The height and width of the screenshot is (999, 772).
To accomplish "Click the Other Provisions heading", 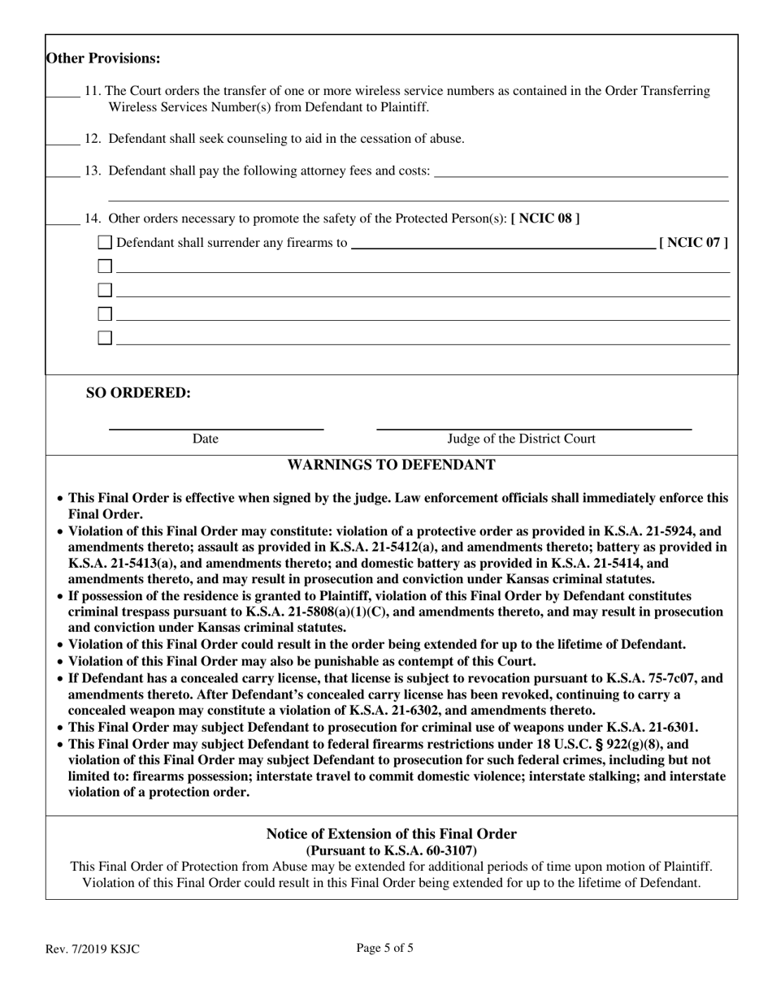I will click(103, 58).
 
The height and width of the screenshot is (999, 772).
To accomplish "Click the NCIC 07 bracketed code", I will click(692, 242).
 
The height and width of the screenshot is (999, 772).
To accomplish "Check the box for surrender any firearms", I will click(105, 242).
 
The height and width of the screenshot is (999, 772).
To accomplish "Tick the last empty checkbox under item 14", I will click(105, 338).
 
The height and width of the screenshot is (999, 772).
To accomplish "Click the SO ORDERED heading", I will click(138, 393).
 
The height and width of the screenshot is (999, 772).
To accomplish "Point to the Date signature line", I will click(216, 426).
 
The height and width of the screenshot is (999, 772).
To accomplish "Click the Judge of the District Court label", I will click(521, 439).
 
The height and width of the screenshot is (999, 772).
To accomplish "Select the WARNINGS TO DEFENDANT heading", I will click(391, 465).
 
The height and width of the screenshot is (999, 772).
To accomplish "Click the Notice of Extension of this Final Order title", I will click(391, 834).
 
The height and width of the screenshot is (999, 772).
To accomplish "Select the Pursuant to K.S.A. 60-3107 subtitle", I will click(391, 850).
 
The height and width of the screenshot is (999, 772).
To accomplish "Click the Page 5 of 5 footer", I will click(384, 947).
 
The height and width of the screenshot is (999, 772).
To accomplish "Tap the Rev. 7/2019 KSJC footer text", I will click(92, 949).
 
